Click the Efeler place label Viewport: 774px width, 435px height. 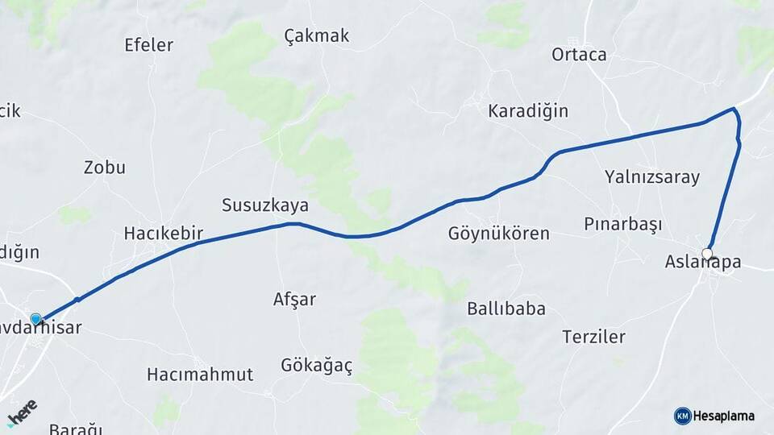click(x=148, y=45)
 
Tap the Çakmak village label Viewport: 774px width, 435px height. click(x=317, y=35)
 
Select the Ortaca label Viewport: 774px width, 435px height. click(x=579, y=55)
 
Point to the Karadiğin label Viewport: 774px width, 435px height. click(x=528, y=110)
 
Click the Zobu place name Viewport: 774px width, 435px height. click(x=105, y=168)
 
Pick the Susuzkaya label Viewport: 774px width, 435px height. click(x=265, y=205)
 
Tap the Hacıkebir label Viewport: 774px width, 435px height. click(x=163, y=234)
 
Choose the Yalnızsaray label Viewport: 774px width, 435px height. click(x=652, y=177)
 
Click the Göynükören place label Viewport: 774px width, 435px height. click(x=498, y=234)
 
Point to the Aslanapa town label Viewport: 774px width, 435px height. click(x=703, y=262)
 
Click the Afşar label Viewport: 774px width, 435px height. click(x=294, y=299)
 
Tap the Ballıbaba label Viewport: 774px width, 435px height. click(x=506, y=309)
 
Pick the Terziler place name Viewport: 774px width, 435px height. click(x=594, y=337)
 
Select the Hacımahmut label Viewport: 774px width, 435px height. click(x=200, y=374)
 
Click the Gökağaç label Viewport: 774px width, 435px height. click(x=317, y=366)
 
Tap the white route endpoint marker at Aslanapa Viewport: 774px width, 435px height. click(x=707, y=254)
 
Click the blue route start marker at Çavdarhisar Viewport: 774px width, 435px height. click(x=35, y=319)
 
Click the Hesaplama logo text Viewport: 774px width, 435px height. click(x=723, y=416)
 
